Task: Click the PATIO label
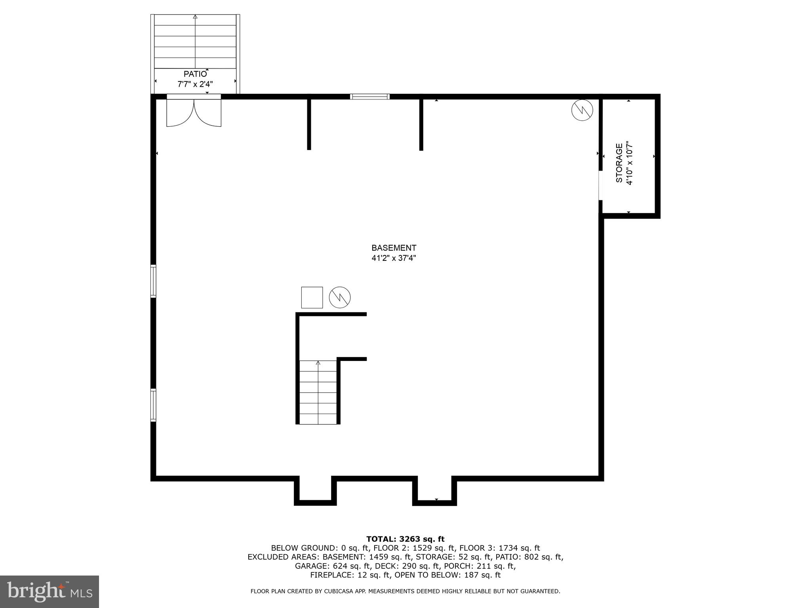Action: [x=195, y=74]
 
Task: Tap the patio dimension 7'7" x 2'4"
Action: [x=195, y=84]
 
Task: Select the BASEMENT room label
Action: [x=394, y=248]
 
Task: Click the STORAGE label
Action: [x=619, y=163]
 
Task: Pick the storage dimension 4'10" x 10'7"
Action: [x=630, y=163]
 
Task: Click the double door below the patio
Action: [x=194, y=112]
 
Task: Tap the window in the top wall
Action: [x=370, y=97]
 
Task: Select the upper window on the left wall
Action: [x=153, y=281]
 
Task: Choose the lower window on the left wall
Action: [x=153, y=405]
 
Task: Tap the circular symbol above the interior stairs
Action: [x=340, y=297]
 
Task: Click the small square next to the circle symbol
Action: [x=312, y=297]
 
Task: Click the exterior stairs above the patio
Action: [x=195, y=42]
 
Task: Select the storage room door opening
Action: [x=600, y=185]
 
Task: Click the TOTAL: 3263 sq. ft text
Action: [x=405, y=539]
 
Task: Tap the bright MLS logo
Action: [x=49, y=592]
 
